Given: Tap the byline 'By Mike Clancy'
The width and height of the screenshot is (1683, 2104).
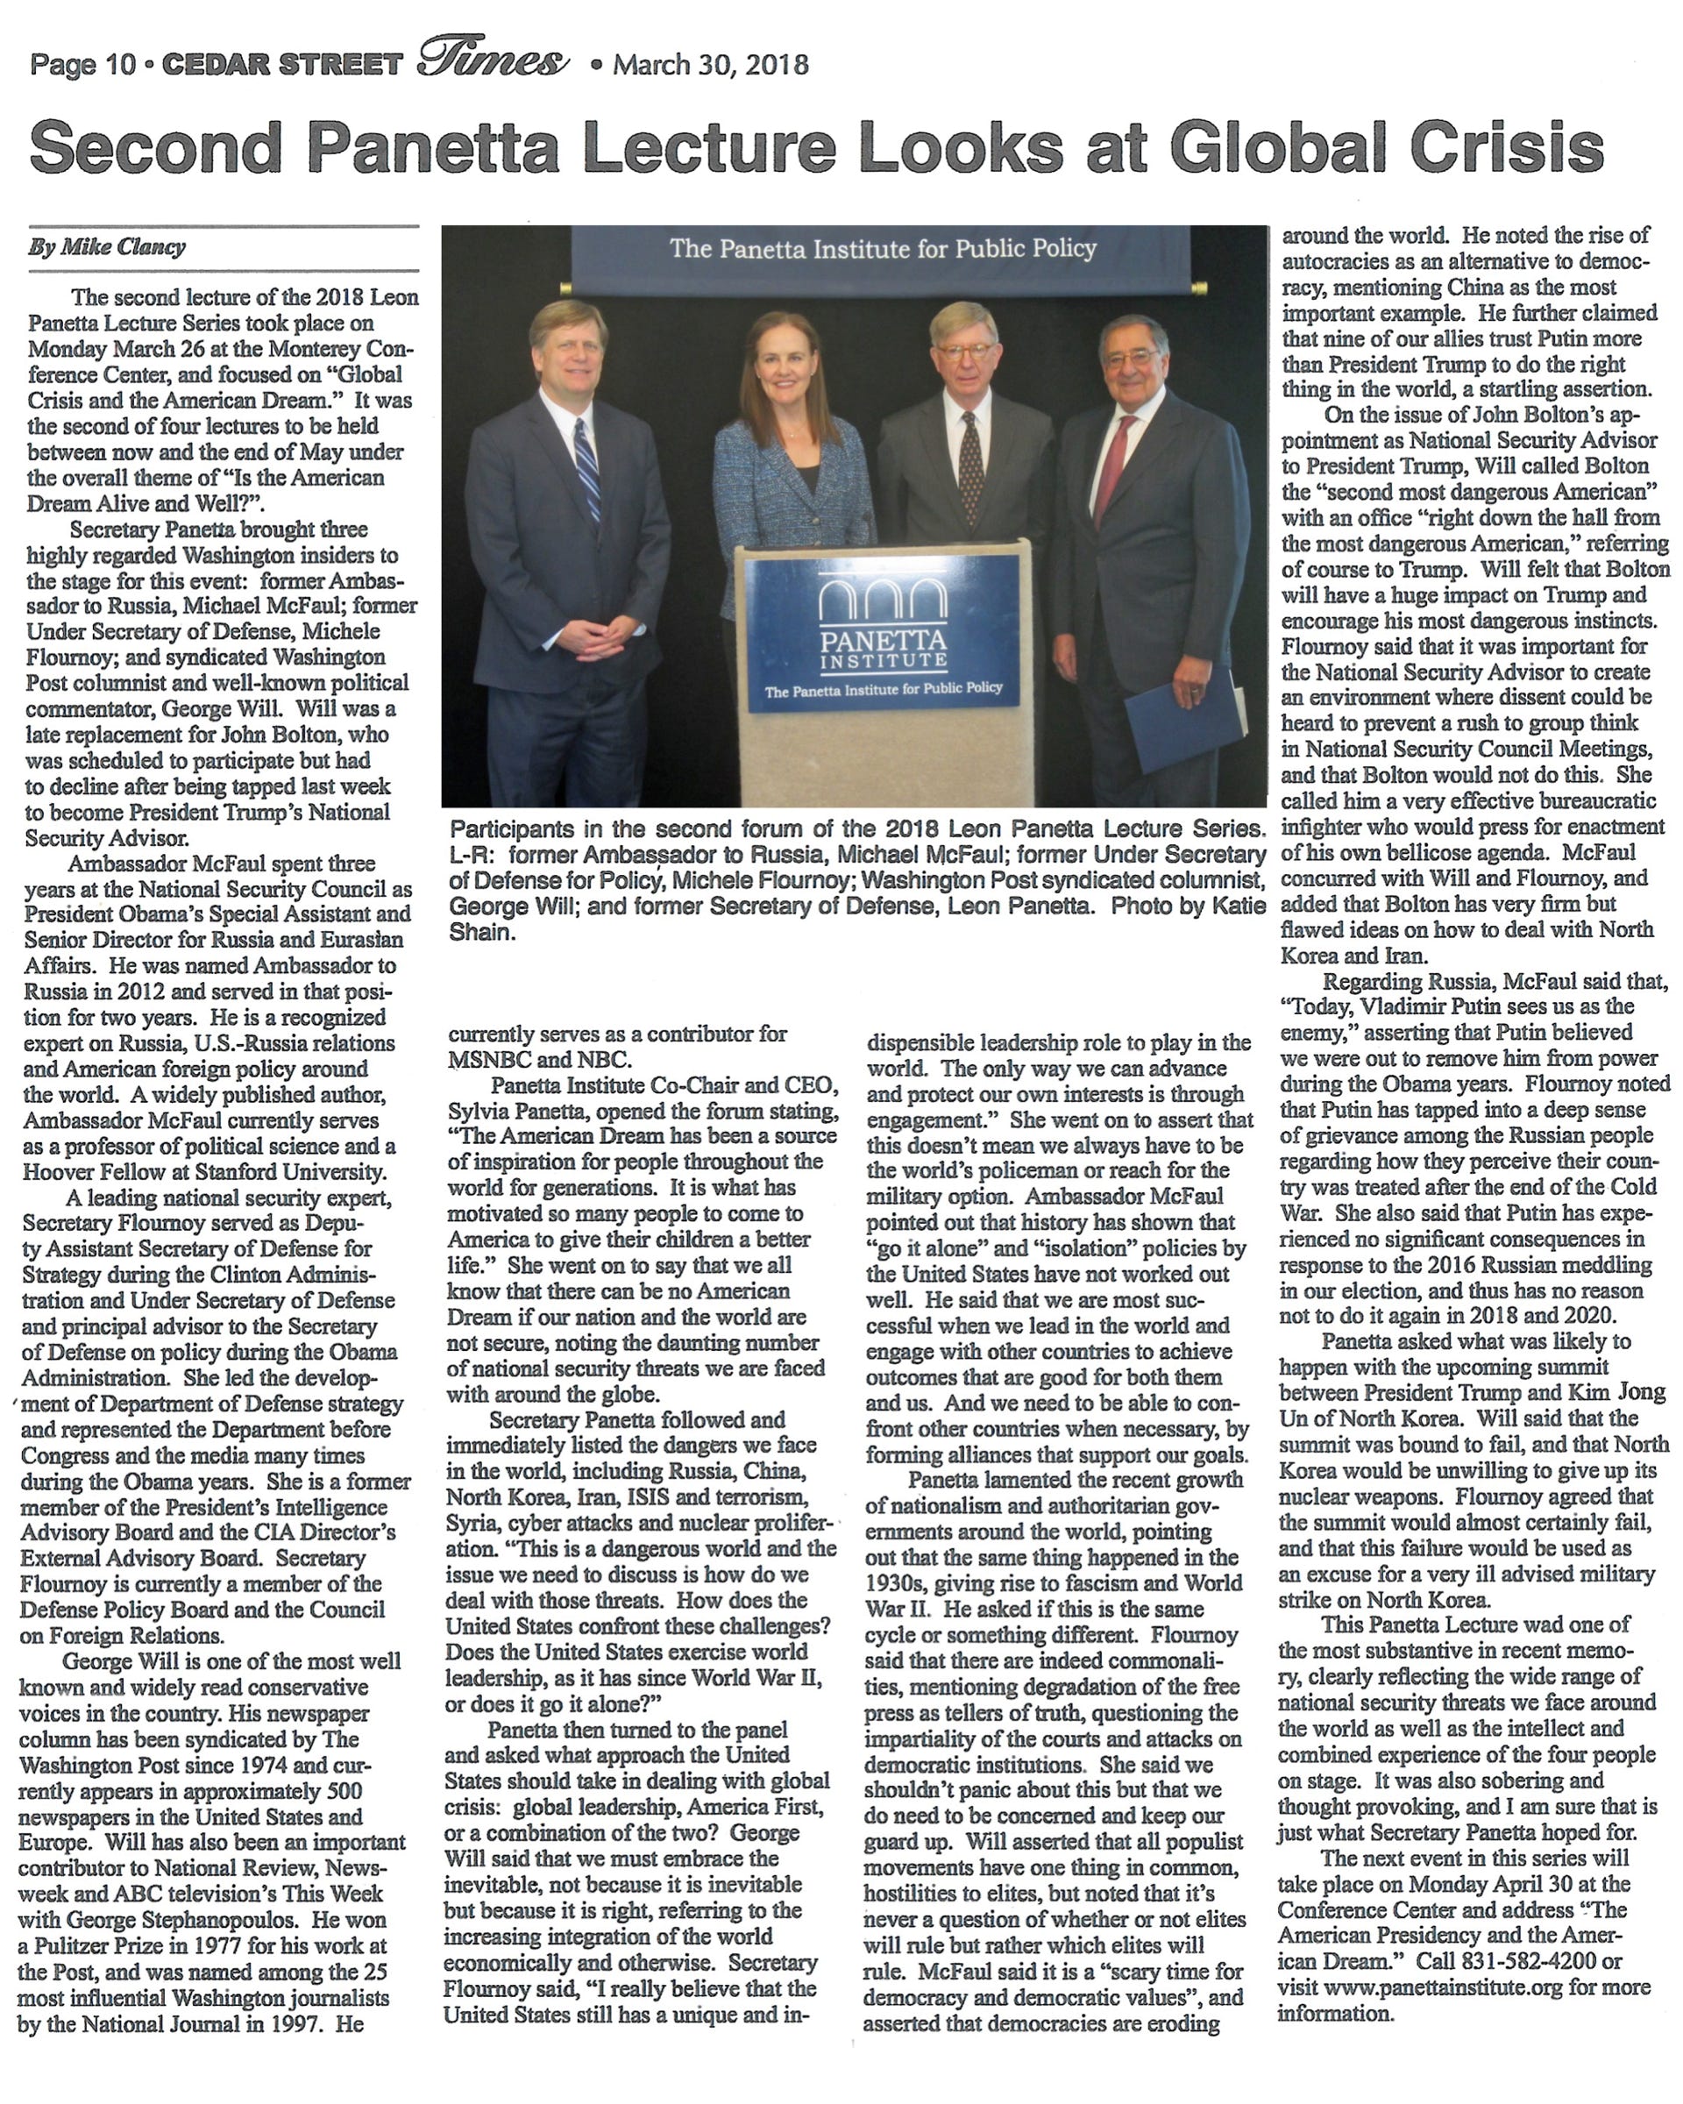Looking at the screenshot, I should tap(106, 247).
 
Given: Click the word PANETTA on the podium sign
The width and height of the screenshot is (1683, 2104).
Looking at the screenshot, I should tap(882, 641).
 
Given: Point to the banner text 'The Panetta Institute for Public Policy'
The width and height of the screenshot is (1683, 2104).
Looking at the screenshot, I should tap(883, 249).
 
